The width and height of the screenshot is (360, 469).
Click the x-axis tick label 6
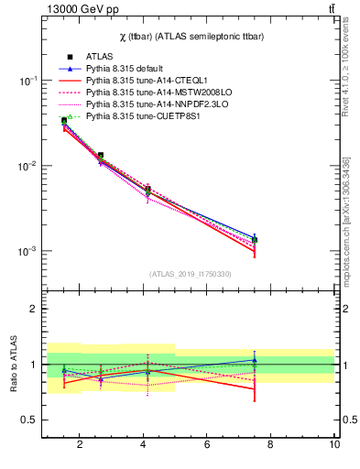coord(207,444)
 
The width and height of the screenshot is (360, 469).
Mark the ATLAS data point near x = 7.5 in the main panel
coord(255,239)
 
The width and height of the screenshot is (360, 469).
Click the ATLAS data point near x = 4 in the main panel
coord(147,190)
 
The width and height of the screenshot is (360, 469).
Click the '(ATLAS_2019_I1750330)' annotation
coord(190,274)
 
